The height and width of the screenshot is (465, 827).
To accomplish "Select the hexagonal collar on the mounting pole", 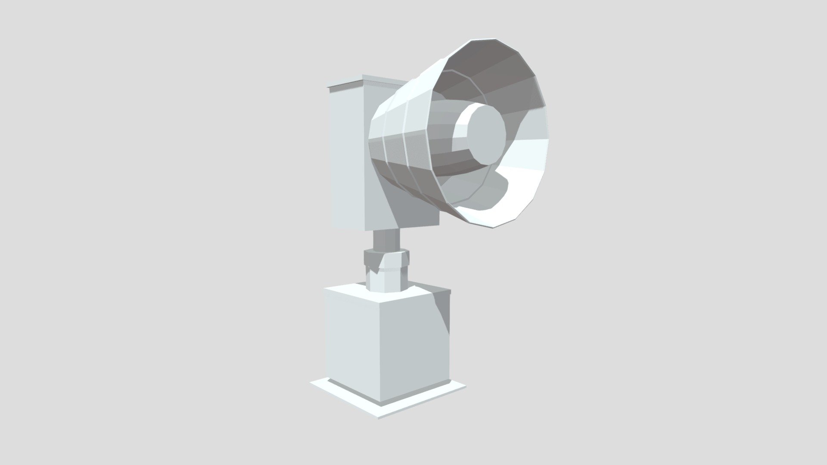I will click(386, 258).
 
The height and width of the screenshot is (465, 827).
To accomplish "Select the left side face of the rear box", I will click(347, 159).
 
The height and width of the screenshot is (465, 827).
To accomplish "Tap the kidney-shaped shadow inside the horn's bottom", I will click(474, 194).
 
